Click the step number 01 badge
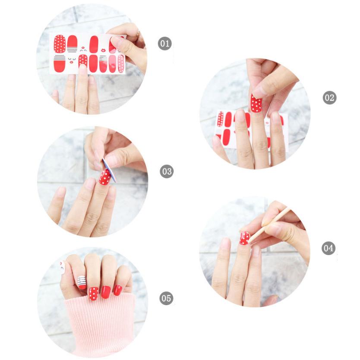point(165,44)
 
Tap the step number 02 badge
point(329,98)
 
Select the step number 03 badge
point(167,171)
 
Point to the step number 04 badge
point(328,248)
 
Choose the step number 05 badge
point(166,298)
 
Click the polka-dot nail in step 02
point(256,103)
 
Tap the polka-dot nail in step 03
point(105,177)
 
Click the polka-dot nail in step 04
point(244,238)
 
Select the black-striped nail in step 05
point(82,282)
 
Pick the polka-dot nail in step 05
point(93,294)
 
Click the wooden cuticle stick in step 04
point(269,225)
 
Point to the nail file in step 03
point(110,170)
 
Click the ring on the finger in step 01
point(138,34)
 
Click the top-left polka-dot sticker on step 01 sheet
point(60,44)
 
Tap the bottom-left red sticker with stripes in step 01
point(60,63)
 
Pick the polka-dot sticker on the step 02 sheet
point(221,119)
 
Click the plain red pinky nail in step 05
point(117,290)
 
